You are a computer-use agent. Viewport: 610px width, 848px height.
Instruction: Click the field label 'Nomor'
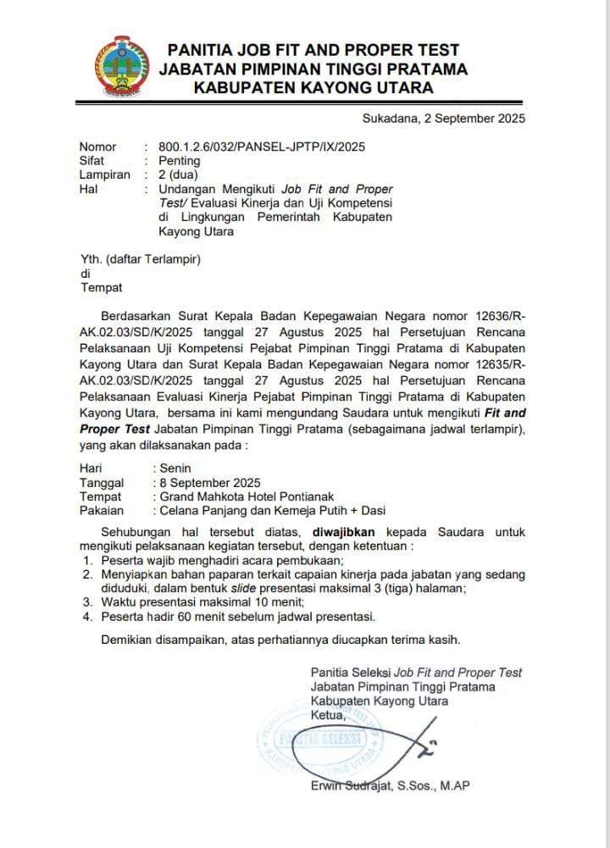(x=98, y=147)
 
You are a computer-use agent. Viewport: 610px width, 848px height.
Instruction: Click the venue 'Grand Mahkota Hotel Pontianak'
(x=241, y=496)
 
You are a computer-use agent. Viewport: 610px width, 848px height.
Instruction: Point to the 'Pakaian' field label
(x=102, y=511)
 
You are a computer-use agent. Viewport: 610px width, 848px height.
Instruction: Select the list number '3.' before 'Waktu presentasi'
(x=86, y=602)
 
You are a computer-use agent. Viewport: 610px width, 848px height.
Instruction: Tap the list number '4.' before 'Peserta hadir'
(x=86, y=617)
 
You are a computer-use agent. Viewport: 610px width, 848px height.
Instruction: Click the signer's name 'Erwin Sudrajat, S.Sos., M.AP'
(x=390, y=786)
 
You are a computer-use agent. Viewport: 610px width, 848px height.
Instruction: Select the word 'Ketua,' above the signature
(x=329, y=716)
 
